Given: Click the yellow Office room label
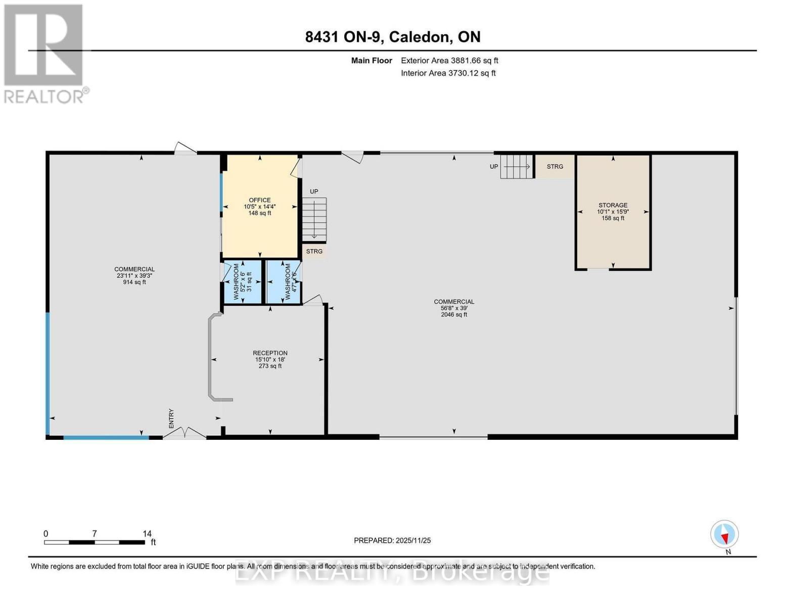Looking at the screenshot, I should (259, 207).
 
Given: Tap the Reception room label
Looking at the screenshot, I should (270, 359).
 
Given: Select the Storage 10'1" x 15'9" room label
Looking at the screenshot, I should (613, 212).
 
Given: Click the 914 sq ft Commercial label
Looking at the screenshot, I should (134, 276).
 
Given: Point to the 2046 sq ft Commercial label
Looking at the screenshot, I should (453, 308).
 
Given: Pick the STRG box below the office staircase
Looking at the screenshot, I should (314, 251).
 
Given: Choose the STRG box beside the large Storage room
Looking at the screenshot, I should (555, 167).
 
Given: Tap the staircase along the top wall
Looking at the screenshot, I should (516, 167).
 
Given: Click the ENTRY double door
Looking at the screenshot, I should (185, 433).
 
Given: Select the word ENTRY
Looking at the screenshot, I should (171, 419).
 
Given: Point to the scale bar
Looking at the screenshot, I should (95, 542).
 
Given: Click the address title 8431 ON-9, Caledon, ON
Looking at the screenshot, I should (393, 37).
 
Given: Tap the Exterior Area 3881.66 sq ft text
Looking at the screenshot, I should (449, 61).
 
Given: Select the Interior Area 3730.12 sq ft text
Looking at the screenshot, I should (448, 73).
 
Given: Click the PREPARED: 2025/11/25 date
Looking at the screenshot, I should (392, 540).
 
